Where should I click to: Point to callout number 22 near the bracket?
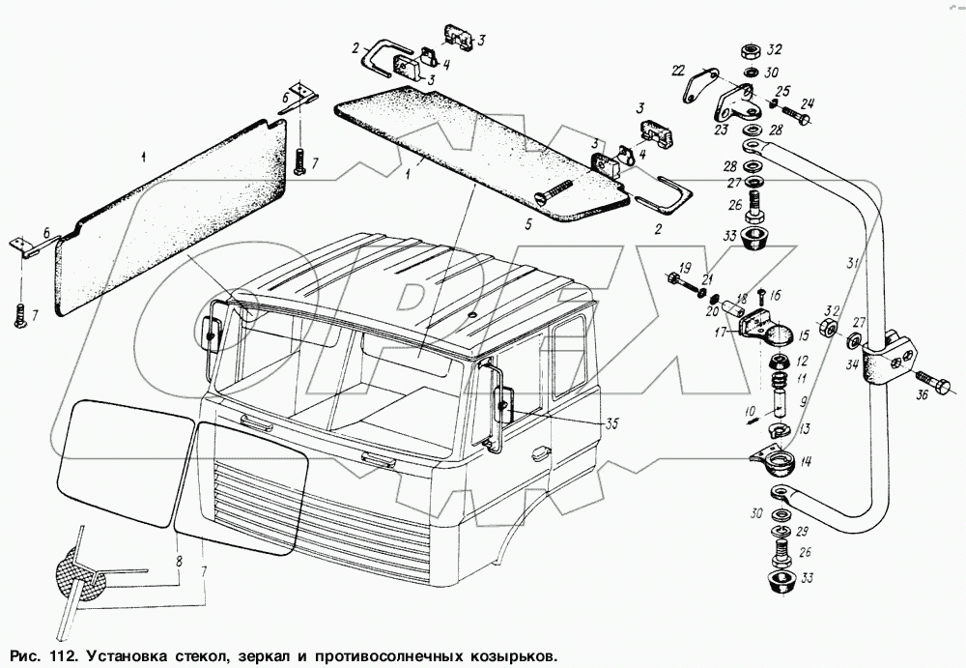click(x=678, y=69)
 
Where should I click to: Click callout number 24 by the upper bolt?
click(x=808, y=105)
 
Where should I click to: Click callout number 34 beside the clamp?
click(x=851, y=364)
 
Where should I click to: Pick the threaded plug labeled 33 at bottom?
click(x=778, y=583)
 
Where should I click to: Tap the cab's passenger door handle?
click(x=540, y=450)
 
